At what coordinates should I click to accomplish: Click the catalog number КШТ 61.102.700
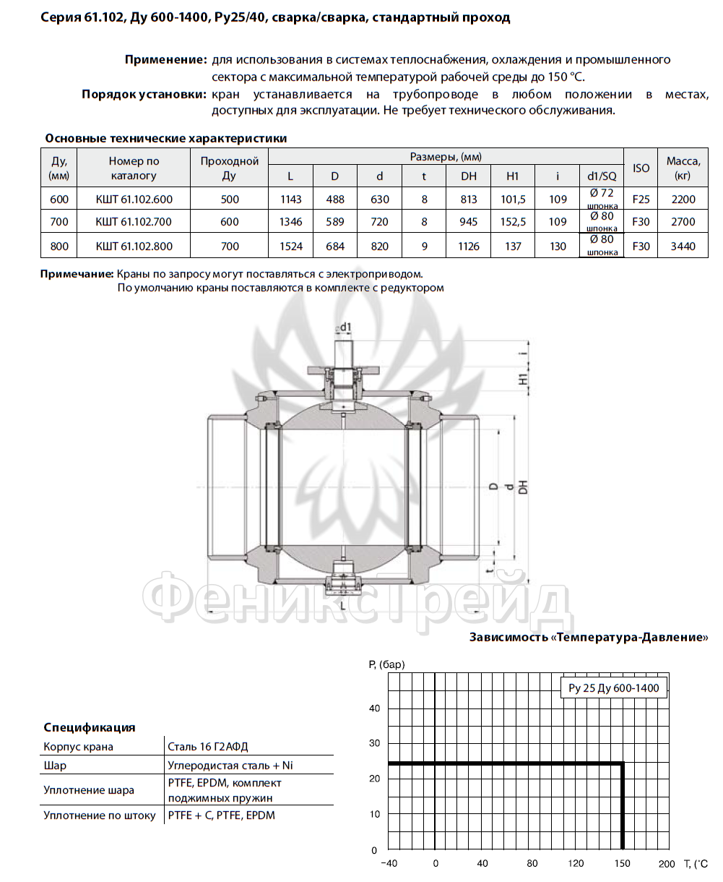(134, 222)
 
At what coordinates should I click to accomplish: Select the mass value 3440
(683, 246)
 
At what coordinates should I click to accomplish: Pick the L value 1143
(290, 199)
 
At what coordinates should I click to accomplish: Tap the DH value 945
(468, 222)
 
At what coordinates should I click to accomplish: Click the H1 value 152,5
(513, 222)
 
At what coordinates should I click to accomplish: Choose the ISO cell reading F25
(641, 199)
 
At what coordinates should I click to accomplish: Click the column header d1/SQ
(602, 176)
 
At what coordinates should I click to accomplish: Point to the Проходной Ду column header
(229, 168)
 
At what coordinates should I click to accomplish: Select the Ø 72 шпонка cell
(602, 199)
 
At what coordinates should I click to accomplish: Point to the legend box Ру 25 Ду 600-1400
(613, 688)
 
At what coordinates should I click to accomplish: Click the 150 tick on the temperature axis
(623, 863)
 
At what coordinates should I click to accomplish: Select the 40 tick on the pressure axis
(374, 708)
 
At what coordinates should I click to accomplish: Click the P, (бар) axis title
(386, 664)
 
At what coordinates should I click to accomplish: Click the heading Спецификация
(90, 727)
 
